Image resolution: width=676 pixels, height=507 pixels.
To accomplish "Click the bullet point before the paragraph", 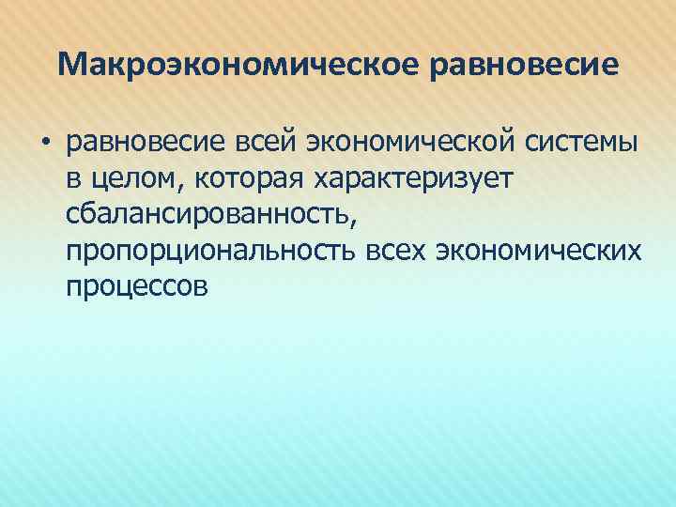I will coord(43,144).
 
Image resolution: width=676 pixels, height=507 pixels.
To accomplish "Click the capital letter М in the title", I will coord(70,65).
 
